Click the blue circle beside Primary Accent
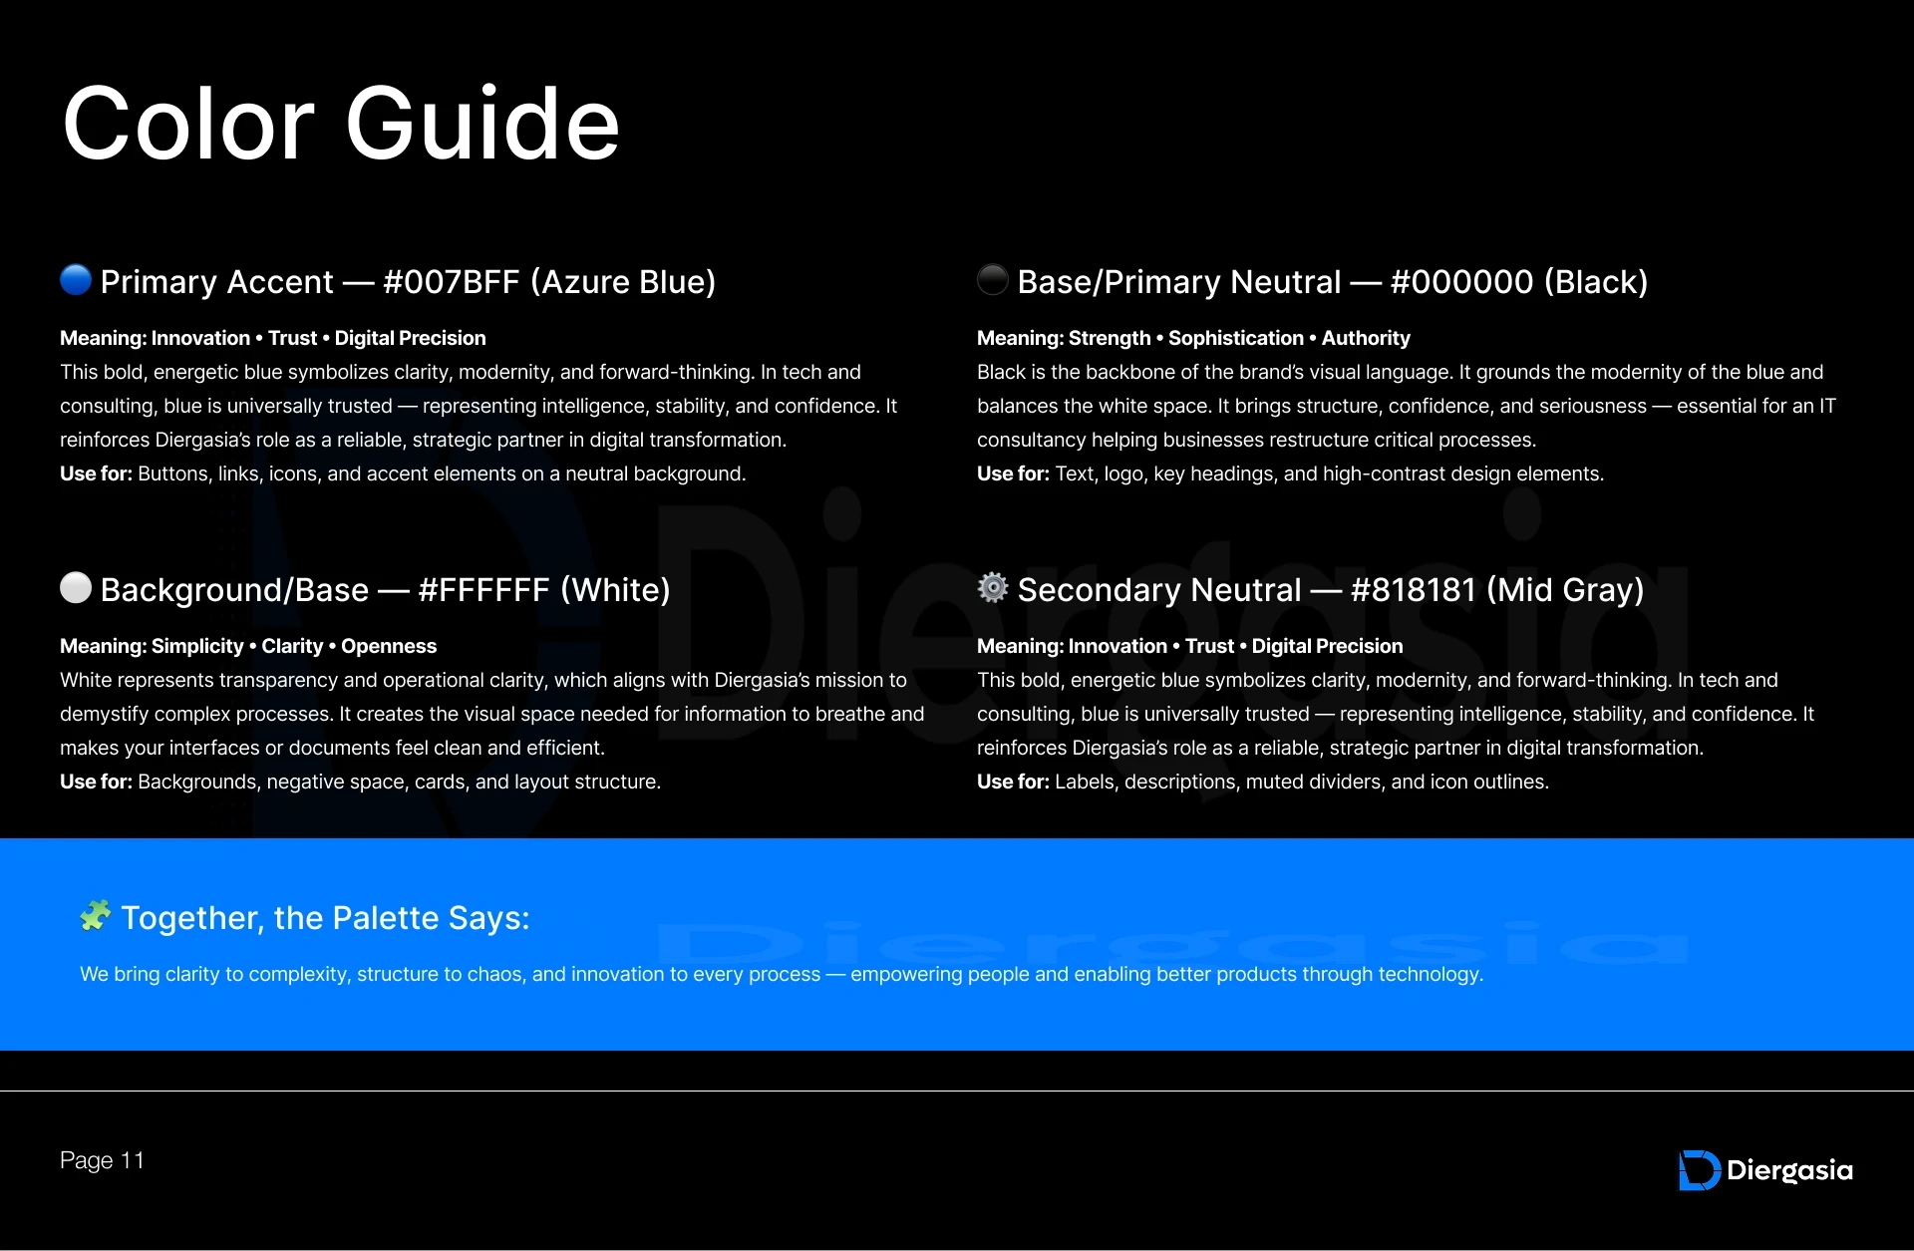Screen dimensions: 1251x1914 (x=76, y=280)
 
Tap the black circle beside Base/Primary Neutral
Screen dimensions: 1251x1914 (x=993, y=280)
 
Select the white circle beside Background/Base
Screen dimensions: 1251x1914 (x=76, y=588)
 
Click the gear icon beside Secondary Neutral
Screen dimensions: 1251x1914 (x=993, y=588)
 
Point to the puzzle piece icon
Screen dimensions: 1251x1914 (x=96, y=915)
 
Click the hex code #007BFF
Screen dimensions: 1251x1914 (x=451, y=282)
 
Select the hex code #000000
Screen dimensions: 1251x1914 (x=1461, y=282)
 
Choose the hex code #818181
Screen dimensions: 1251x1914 (x=1413, y=590)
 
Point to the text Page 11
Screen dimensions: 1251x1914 (x=102, y=1160)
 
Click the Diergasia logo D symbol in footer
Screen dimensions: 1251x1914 (x=1699, y=1170)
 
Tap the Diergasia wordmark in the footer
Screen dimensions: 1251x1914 (x=1789, y=1170)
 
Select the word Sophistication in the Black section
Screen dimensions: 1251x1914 (x=1235, y=338)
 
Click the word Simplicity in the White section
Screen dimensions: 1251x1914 (x=196, y=646)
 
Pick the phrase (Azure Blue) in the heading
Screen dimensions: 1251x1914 (x=623, y=282)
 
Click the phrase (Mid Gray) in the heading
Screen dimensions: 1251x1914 (x=1565, y=590)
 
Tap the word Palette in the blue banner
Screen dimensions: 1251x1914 (x=384, y=918)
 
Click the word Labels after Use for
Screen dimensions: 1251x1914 (x=1086, y=782)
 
